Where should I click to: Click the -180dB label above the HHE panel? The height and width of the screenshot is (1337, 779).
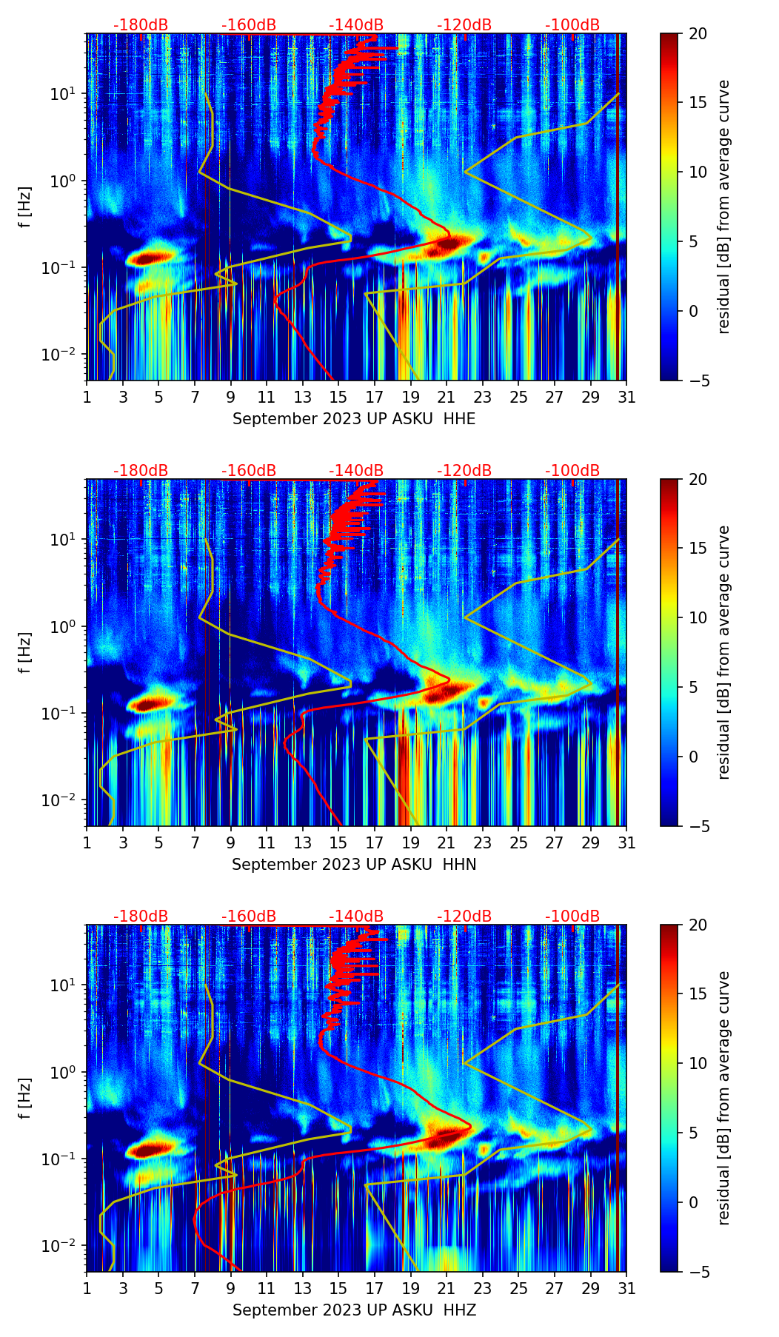click(x=141, y=25)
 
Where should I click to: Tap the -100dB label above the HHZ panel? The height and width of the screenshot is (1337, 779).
click(x=572, y=917)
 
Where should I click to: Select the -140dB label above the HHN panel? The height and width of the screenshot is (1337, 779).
click(x=356, y=471)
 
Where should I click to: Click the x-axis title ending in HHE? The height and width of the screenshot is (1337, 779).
click(x=354, y=419)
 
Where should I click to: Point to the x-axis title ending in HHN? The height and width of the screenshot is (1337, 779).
click(x=354, y=865)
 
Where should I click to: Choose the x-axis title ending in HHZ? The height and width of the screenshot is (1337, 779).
click(x=354, y=1310)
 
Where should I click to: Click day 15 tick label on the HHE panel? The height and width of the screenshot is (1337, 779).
click(x=338, y=397)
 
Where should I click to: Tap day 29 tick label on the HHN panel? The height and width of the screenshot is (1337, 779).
click(x=590, y=842)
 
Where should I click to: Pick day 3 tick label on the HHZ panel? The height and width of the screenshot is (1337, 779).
click(x=123, y=1288)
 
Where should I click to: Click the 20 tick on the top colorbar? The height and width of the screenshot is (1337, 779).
click(x=698, y=33)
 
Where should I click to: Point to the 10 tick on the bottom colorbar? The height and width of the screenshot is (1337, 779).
click(x=698, y=1063)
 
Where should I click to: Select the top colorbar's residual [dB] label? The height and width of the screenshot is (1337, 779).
click(x=724, y=207)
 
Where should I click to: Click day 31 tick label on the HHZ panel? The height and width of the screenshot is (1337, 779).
click(x=626, y=1288)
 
